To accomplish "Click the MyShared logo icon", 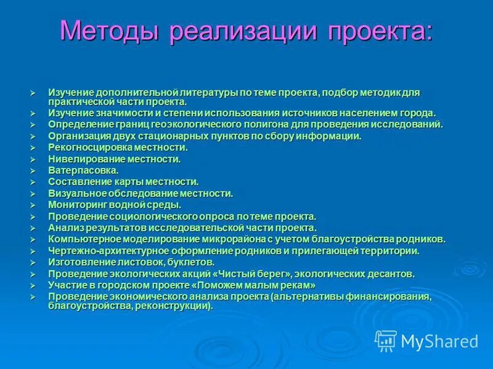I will pyautogui.click(x=386, y=340).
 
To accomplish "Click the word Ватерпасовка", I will pyautogui.click(x=83, y=170).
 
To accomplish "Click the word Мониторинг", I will pyautogui.click(x=76, y=205).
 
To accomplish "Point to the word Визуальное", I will pyautogui.click(x=76, y=193).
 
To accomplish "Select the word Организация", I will pyautogui.click(x=78, y=136).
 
